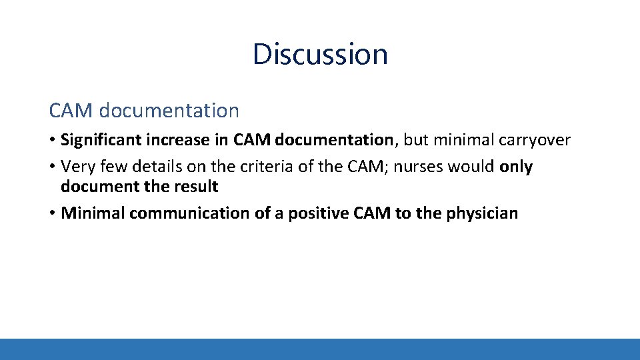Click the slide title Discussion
pyautogui.click(x=320, y=54)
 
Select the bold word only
pyautogui.click(x=516, y=167)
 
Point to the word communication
pyautogui.click(x=195, y=213)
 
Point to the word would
pyautogui.click(x=471, y=167)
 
